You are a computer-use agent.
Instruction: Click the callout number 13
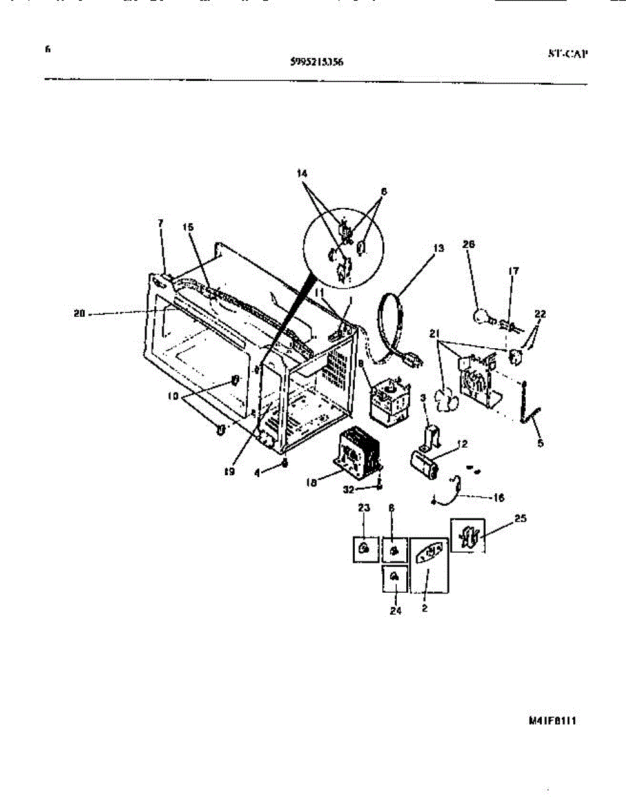click(x=438, y=249)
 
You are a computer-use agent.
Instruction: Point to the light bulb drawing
click(x=482, y=315)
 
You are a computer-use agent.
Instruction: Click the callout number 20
click(x=80, y=312)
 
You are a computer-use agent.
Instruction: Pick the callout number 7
click(x=160, y=223)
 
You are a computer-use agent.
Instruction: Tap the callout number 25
click(x=521, y=519)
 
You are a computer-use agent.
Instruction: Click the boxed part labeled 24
click(x=395, y=577)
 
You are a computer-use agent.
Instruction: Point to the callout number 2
click(x=425, y=609)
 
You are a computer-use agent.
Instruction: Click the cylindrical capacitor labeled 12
click(x=425, y=463)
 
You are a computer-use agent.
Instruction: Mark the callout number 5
click(x=540, y=442)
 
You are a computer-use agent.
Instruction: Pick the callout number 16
click(x=498, y=497)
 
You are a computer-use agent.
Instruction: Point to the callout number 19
click(x=229, y=471)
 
